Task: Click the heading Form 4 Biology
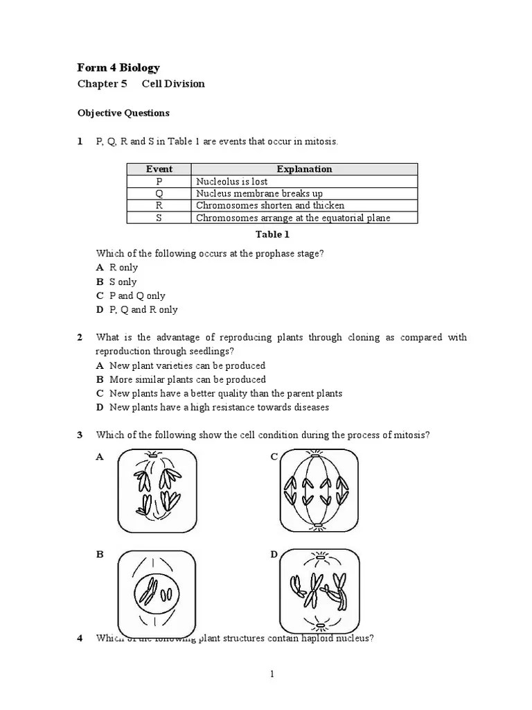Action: [118, 68]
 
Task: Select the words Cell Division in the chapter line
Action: [173, 84]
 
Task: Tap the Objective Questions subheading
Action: [123, 113]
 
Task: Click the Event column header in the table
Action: [159, 169]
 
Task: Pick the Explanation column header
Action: [304, 169]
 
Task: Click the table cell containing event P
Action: [159, 181]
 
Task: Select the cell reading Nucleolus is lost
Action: [231, 181]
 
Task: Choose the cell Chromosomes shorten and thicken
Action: [269, 205]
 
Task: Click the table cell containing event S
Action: [159, 218]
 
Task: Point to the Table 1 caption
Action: [272, 234]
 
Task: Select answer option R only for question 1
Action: [123, 268]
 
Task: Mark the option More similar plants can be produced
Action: [187, 380]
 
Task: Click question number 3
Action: [80, 435]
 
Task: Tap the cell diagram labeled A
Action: [157, 490]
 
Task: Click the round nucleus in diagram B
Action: [156, 592]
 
